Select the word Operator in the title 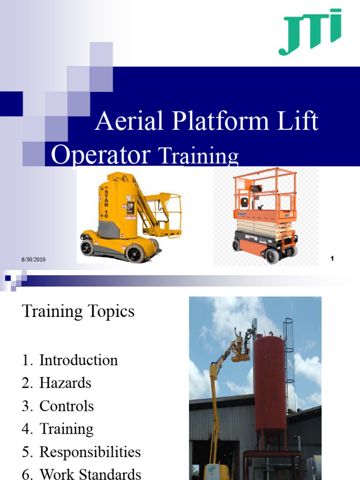100,154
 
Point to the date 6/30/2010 33,260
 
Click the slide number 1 332,258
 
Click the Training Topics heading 78,311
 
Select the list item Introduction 78,360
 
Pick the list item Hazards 65,383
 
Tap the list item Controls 67,406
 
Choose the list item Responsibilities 90,452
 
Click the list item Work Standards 90,474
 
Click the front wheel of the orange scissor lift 272,255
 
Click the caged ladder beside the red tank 289,356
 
